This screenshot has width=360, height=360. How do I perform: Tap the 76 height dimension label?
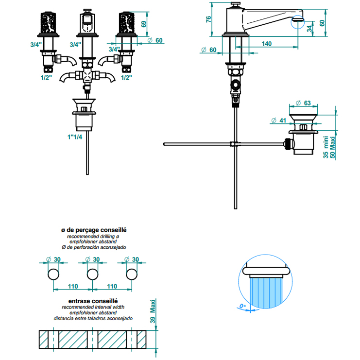point(208,19)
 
